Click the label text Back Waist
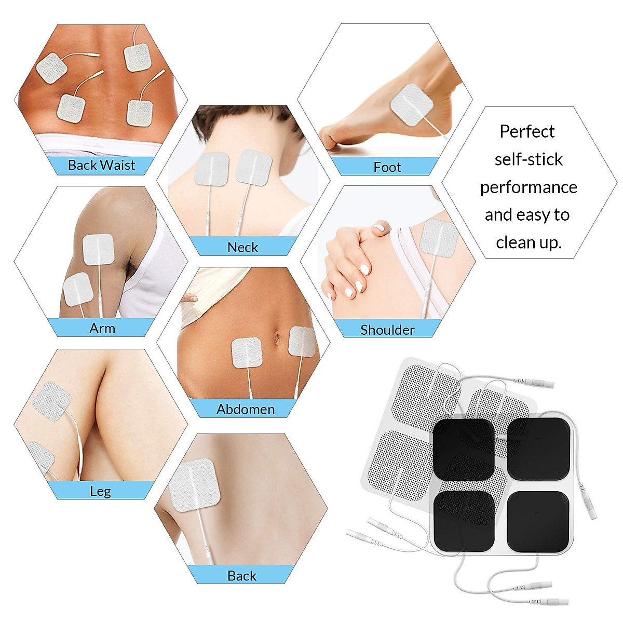pos(101,165)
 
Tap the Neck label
pos(242,247)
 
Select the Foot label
pos(387,167)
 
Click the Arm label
pos(102,328)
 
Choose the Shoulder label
pos(387,330)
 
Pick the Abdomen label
pos(246,409)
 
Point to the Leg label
pos(100,491)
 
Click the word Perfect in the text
pos(527,131)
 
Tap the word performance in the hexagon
pos(529,187)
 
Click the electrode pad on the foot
pos(411,104)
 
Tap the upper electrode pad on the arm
pos(98,250)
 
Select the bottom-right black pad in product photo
pos(537,522)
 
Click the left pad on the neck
pos(211,168)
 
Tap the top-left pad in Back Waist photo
pos(51,67)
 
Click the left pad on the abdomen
pos(246,353)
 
